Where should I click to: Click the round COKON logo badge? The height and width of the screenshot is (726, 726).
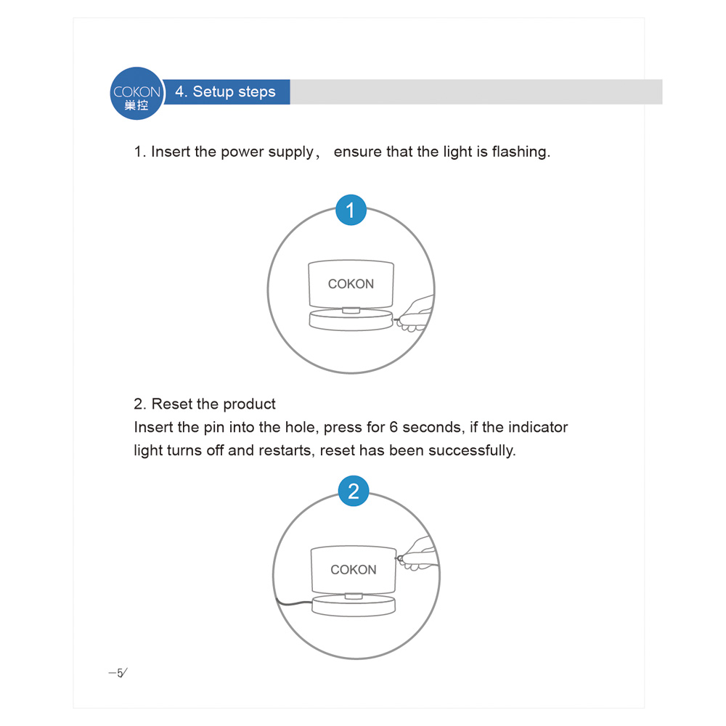click(136, 93)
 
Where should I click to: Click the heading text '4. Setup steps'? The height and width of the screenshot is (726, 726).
click(226, 92)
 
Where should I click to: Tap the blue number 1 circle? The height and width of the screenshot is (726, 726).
click(351, 211)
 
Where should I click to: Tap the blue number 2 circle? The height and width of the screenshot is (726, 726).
click(354, 492)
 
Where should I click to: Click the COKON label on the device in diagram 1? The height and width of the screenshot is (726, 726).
click(351, 284)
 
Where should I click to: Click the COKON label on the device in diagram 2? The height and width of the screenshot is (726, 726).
click(354, 570)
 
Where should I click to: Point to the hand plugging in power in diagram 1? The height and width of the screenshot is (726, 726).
click(417, 314)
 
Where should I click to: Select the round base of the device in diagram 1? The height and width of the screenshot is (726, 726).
click(351, 321)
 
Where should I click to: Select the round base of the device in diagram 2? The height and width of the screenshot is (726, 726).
click(354, 605)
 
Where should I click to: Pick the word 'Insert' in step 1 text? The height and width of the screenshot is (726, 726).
click(171, 152)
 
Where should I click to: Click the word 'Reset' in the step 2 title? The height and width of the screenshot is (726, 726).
click(171, 404)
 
